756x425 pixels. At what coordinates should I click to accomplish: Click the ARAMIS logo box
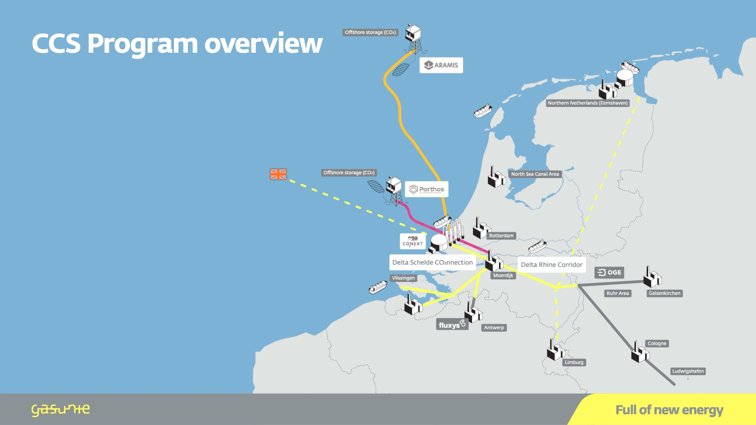pyautogui.click(x=441, y=65)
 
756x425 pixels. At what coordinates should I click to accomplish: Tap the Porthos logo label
pyautogui.click(x=426, y=189)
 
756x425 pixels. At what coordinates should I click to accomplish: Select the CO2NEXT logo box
pyautogui.click(x=413, y=241)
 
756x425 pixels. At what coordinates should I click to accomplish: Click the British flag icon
pyautogui.click(x=278, y=174)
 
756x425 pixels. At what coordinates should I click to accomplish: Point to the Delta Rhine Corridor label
pyautogui.click(x=551, y=265)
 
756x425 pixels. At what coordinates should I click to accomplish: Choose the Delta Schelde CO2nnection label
pyautogui.click(x=432, y=262)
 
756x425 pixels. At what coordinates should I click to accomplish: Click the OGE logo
pyautogui.click(x=609, y=272)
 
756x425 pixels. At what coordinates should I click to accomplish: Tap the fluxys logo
pyautogui.click(x=452, y=325)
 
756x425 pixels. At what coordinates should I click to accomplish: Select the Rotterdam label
pyautogui.click(x=501, y=236)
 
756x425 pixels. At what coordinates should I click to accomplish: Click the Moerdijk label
pyautogui.click(x=503, y=275)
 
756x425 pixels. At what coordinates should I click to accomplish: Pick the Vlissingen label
pyautogui.click(x=403, y=278)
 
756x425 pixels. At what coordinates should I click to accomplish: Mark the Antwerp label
pyautogui.click(x=494, y=327)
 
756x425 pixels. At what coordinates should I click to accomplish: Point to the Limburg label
pyautogui.click(x=574, y=362)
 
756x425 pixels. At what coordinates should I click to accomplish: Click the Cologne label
pyautogui.click(x=657, y=344)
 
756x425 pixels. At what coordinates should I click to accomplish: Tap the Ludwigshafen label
pyautogui.click(x=688, y=371)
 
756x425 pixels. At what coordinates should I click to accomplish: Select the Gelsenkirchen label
pyautogui.click(x=665, y=293)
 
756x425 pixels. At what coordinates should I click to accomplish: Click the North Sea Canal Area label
pyautogui.click(x=535, y=174)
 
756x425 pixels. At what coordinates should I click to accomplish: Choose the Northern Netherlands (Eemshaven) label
pyautogui.click(x=588, y=103)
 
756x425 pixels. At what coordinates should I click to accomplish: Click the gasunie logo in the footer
pyautogui.click(x=61, y=410)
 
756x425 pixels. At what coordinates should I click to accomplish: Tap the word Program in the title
pyautogui.click(x=142, y=44)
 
